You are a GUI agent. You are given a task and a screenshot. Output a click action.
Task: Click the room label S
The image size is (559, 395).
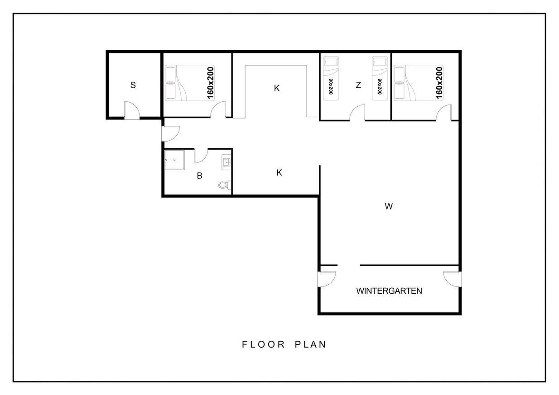click(133, 85)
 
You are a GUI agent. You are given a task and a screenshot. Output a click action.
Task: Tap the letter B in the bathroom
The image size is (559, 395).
click(199, 176)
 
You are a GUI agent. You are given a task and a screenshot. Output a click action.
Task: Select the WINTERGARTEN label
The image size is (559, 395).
click(389, 291)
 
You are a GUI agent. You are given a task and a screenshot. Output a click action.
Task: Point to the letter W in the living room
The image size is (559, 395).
click(389, 206)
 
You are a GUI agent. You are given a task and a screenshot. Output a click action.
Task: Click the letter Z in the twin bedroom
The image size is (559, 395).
click(358, 85)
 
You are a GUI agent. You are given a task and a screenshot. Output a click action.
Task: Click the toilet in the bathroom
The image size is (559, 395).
click(225, 185)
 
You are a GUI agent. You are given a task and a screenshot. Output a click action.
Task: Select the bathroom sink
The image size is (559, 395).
click(226, 162)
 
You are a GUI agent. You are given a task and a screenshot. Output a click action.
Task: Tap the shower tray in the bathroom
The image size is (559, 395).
click(174, 160)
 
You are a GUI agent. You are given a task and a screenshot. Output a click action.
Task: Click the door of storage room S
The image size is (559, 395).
click(132, 110)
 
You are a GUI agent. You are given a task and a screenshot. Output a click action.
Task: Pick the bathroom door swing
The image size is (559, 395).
click(201, 156)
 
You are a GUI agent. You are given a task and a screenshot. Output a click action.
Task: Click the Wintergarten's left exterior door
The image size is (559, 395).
click(327, 279)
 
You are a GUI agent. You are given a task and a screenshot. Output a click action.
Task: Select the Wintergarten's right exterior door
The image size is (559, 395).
click(452, 279)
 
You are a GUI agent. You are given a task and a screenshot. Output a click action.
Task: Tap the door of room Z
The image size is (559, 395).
click(357, 113)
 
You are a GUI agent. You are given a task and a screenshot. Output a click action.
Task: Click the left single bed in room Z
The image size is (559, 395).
click(331, 78)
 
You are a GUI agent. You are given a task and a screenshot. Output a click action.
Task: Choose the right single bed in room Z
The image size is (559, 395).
click(380, 78)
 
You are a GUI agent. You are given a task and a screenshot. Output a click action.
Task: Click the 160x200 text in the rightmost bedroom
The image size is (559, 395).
click(439, 83)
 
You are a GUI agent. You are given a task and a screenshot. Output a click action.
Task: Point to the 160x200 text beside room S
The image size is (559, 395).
click(210, 83)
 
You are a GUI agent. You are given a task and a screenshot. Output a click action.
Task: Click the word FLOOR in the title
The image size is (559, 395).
click(263, 344)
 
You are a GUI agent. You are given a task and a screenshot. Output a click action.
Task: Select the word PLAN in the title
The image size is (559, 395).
click(310, 344)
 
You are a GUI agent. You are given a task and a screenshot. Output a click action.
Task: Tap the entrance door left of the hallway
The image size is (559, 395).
click(170, 134)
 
